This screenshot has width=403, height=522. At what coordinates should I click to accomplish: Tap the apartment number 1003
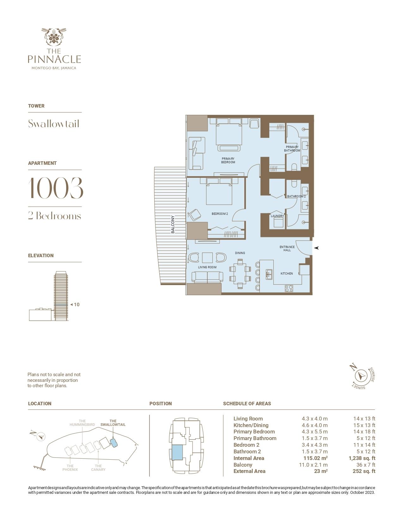[x=56, y=188]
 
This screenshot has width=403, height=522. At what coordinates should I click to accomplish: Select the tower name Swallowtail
[x=53, y=123]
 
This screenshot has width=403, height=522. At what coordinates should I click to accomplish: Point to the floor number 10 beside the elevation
[x=76, y=305]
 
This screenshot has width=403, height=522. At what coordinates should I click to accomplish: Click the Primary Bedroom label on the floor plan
[x=228, y=160]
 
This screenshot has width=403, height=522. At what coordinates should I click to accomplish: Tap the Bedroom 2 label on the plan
[x=220, y=214]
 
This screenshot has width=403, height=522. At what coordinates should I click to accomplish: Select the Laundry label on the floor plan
[x=277, y=216]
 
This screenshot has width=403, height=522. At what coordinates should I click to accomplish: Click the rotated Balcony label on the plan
[x=173, y=224]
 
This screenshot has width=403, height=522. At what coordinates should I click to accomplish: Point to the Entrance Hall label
[x=287, y=248]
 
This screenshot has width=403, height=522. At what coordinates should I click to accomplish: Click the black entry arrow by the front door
[x=316, y=248]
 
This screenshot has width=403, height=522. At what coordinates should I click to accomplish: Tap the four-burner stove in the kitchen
[x=289, y=288]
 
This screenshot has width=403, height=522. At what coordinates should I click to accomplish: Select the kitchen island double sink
[x=269, y=274]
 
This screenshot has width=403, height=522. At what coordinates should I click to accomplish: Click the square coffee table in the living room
[x=207, y=258]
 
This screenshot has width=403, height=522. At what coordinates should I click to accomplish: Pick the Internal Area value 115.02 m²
[x=315, y=458]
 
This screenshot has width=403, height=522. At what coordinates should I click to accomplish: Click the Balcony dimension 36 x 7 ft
[x=366, y=465]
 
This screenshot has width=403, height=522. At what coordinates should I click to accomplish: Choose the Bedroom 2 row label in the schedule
[x=246, y=445]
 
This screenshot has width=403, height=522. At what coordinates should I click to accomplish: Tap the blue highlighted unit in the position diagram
[x=177, y=452]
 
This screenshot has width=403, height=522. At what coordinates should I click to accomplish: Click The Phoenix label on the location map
[x=70, y=468]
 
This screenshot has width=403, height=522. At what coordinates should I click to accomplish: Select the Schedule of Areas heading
[x=247, y=404]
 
